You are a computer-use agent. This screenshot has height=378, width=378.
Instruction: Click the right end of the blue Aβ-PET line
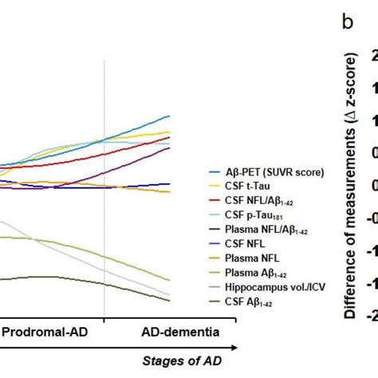point(170,116)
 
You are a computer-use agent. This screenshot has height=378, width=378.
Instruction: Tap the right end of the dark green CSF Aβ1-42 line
point(170,300)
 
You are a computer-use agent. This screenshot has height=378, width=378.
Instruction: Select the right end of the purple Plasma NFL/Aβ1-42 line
point(170,148)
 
